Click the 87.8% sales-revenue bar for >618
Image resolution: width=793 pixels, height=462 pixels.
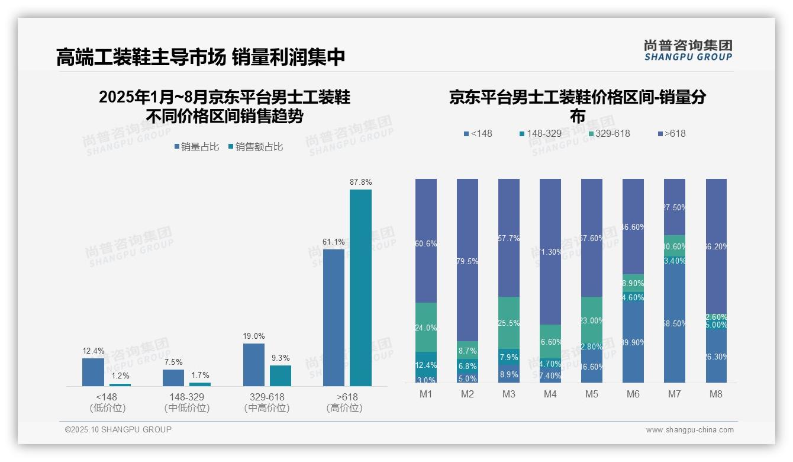point(360,288)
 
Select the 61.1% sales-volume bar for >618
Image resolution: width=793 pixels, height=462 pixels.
point(334,317)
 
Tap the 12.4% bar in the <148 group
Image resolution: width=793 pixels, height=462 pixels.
point(93,372)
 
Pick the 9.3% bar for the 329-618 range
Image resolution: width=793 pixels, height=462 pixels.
point(281,376)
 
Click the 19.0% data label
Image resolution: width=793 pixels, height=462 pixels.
point(253,336)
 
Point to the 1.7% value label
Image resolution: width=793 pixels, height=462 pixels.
point(200,375)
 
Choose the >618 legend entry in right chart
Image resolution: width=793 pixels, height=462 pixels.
point(671,133)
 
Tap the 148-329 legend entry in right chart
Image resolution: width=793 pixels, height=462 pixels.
point(540,133)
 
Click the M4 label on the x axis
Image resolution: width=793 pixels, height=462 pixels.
point(550,394)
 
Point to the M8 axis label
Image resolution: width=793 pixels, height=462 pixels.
point(716,394)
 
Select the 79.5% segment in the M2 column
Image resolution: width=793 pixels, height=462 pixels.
point(468,260)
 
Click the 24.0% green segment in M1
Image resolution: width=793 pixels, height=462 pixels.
point(426,327)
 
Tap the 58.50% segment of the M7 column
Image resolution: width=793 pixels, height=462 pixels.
point(675,323)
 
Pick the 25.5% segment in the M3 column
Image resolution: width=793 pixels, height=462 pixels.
point(509,322)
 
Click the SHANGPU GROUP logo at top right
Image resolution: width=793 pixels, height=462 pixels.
point(688,50)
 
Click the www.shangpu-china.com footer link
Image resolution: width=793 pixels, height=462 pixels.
point(689,430)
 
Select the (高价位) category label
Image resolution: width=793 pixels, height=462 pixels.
point(344,408)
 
